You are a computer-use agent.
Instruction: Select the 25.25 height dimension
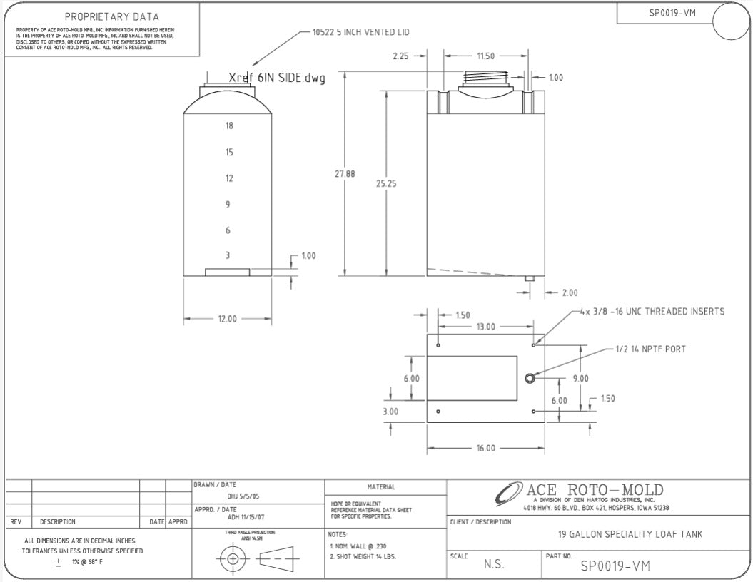[385, 183]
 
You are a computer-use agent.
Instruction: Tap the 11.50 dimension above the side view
[485, 56]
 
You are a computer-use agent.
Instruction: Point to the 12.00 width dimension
[227, 319]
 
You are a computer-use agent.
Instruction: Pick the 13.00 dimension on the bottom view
[485, 327]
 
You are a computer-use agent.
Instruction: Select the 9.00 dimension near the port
[580, 379]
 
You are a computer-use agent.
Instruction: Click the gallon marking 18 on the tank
[229, 126]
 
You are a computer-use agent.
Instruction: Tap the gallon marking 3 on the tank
[228, 255]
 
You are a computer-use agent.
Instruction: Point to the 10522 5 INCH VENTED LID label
[360, 32]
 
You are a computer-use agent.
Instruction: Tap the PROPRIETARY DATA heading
[112, 16]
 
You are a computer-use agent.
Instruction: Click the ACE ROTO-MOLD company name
[595, 490]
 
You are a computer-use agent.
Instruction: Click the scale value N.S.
[495, 564]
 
